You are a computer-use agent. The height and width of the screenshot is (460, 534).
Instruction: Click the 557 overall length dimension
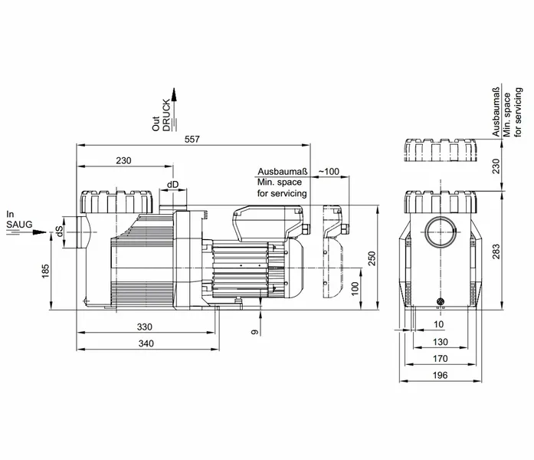point(192,140)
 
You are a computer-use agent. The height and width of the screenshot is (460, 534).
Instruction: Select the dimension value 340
point(146,343)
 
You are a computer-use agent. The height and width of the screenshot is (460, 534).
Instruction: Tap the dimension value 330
point(144,327)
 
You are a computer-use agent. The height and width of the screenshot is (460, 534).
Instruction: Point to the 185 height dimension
point(46,271)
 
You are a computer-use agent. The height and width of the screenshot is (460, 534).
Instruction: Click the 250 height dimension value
point(372,258)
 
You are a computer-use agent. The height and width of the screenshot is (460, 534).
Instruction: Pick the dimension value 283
point(496,251)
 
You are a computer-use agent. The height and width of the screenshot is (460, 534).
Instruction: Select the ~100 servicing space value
point(329,172)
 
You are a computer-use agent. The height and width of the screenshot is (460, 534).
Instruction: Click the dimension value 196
point(440,375)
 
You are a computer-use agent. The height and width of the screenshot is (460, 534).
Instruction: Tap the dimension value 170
point(440,359)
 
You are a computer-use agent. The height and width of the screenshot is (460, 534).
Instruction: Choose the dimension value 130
point(440,342)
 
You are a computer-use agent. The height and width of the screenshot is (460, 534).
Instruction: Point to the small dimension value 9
point(254,332)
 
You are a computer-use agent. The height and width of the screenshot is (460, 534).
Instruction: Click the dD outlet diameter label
point(172,185)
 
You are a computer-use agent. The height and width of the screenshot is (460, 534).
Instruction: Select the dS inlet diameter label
point(60,232)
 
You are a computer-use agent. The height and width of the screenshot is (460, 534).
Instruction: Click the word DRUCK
point(166,115)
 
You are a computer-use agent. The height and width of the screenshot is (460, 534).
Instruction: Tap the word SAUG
point(19,225)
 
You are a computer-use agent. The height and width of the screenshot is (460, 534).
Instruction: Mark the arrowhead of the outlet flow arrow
point(174,94)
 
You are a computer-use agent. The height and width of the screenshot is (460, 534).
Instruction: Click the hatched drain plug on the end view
point(441,301)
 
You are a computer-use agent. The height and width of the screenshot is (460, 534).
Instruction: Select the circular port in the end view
point(441,232)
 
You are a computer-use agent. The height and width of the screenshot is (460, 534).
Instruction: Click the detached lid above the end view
point(441,150)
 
